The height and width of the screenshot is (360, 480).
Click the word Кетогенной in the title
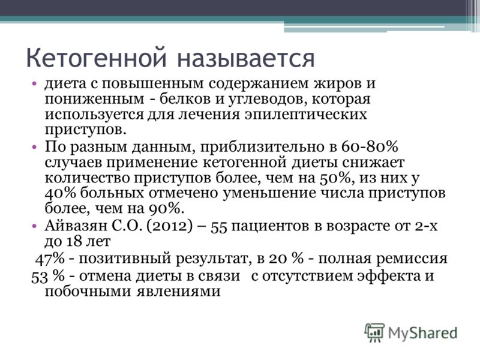coord(97,58)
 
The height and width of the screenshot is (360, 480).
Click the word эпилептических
coord(305,115)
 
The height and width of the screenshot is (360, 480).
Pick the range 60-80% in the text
coord(370,146)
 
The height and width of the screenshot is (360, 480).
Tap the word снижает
coord(373,162)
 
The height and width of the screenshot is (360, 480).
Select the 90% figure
coord(166,209)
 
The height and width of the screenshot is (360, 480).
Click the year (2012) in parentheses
coord(170,226)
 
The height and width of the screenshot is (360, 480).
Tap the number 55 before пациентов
coord(219,227)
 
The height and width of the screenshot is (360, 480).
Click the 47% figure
coord(50,259)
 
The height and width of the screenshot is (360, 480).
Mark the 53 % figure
coord(48,276)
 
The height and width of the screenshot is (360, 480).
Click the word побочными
coord(88,291)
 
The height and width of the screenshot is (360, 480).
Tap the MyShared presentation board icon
coord(374,332)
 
